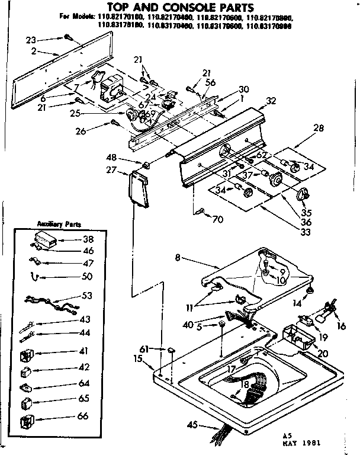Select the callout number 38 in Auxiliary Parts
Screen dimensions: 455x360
(x=88, y=241)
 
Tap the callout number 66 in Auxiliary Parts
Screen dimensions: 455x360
(x=83, y=416)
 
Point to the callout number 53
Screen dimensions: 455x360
(x=87, y=295)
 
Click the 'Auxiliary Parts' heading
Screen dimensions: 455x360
(x=59, y=225)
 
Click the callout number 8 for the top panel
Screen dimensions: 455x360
(x=178, y=258)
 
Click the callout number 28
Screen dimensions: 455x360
(x=319, y=128)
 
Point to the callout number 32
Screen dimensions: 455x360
(x=271, y=101)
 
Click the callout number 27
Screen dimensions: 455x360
(x=111, y=171)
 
